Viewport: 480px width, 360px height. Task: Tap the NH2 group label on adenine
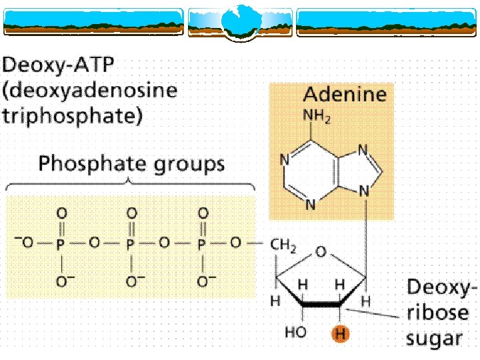317,117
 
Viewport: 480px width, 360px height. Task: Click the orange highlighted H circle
340,334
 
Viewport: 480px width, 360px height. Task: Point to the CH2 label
283,245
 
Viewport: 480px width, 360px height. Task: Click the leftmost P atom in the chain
61,245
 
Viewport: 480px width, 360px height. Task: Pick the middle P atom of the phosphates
131,245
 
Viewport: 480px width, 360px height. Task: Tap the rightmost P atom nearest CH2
202,245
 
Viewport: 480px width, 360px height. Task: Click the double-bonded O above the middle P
131,213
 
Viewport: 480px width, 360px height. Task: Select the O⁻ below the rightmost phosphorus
204,282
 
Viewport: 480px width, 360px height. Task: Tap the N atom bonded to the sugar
365,191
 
